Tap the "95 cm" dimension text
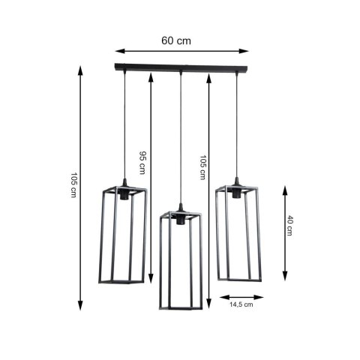tap(143, 159)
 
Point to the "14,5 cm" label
tap(241, 304)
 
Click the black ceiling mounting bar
tap(180, 67)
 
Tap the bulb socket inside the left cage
tap(124, 193)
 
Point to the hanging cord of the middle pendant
tap(180, 135)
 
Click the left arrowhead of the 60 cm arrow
tap(118, 51)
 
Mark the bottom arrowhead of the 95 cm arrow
tap(151, 275)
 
